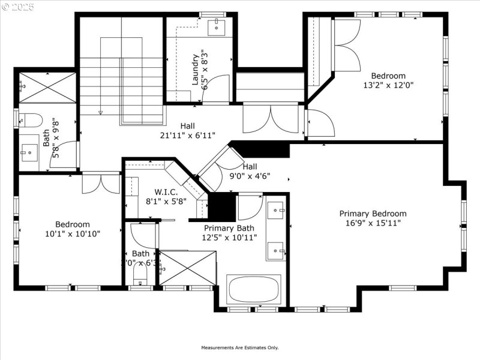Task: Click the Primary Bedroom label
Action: [373, 214]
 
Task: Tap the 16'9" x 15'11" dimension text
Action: [373, 223]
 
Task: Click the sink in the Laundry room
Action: [216, 26]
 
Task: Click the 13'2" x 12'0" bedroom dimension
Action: [388, 85]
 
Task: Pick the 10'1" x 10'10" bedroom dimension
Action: [73, 233]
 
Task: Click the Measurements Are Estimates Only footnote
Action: [239, 348]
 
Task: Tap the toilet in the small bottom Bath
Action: [140, 277]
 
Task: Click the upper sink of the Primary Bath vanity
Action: [275, 209]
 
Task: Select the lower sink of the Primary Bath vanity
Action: [275, 249]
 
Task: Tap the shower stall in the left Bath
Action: [47, 87]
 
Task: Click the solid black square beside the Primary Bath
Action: [221, 207]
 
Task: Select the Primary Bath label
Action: [229, 228]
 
